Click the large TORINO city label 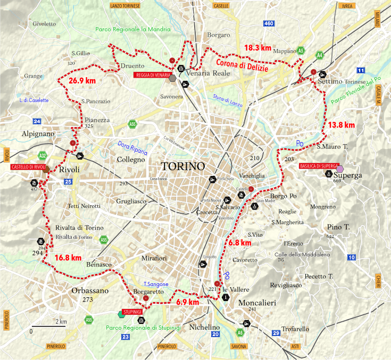(x=184, y=166)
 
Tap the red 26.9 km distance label (x=82, y=81)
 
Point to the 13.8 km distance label (x=341, y=125)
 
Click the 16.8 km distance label (x=68, y=257)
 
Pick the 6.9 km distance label (x=187, y=302)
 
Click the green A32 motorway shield (x=43, y=156)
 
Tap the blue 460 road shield (x=269, y=23)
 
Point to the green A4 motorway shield (x=319, y=54)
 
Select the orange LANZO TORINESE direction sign (x=125, y=5)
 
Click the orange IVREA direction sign (x=347, y=5)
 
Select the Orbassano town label (x=89, y=291)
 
